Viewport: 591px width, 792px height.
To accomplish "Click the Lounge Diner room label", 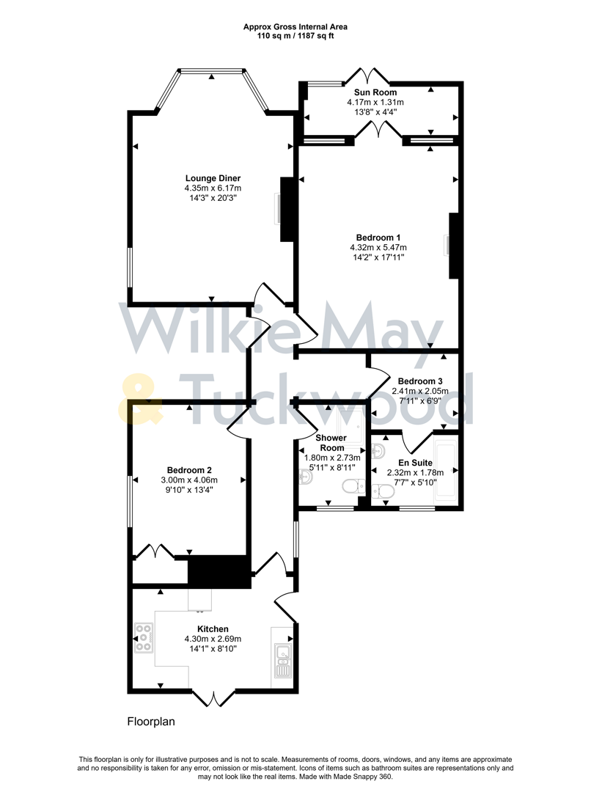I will click(213, 178).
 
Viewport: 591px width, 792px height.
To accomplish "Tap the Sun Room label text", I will click(375, 92).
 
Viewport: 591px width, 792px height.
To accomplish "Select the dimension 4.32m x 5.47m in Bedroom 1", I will click(378, 247).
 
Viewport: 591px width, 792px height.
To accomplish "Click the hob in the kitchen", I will click(143, 637).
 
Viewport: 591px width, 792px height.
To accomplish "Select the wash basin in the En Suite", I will click(379, 450).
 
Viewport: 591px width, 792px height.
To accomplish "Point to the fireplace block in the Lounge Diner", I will click(287, 209).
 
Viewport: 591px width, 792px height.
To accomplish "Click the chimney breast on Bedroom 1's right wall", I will click(454, 245).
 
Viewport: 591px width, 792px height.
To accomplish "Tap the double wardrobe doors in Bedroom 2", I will click(155, 551).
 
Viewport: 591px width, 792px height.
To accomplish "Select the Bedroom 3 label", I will click(420, 381).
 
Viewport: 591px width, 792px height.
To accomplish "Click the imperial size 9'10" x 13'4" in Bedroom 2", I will click(189, 491).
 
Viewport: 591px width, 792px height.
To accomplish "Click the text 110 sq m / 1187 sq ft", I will click(295, 36).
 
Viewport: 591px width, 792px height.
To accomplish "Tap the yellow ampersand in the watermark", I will click(144, 400).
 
